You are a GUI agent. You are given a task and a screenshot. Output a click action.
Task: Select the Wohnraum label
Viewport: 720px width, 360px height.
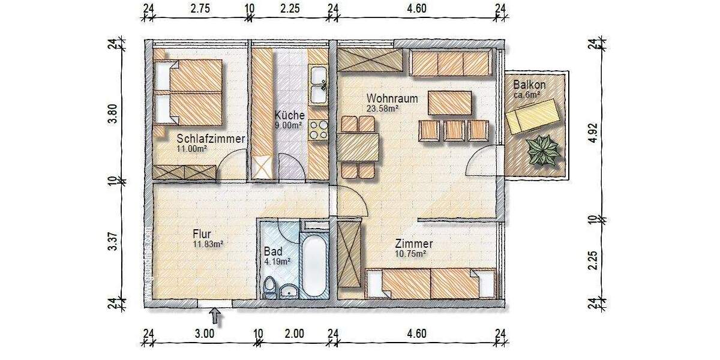click(392, 98)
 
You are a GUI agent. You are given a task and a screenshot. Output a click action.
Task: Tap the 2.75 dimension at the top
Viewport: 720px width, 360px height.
click(200, 8)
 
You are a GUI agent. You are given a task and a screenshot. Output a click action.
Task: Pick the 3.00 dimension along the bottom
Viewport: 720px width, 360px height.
click(205, 333)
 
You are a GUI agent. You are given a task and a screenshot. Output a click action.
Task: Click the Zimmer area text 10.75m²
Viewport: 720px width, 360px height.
click(410, 254)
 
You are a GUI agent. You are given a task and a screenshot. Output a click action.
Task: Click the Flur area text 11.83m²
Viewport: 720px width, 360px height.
click(208, 244)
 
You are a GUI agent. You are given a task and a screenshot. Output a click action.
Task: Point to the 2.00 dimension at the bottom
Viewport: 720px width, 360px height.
click(295, 333)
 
